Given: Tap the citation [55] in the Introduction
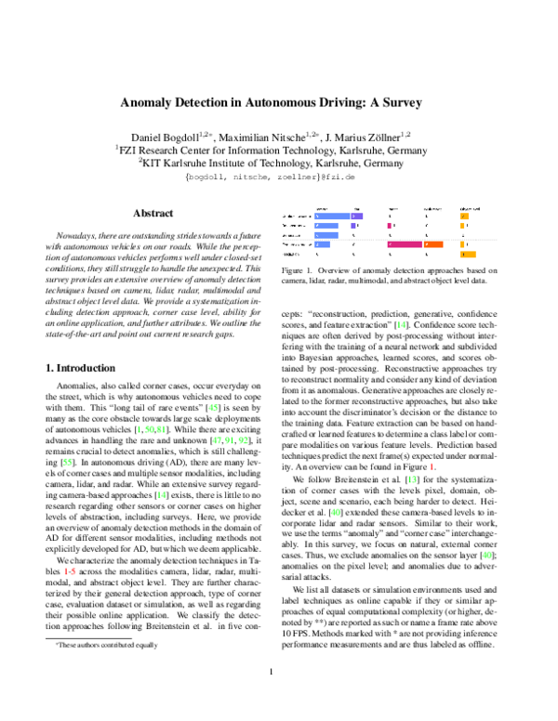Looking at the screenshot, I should (68, 460).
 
